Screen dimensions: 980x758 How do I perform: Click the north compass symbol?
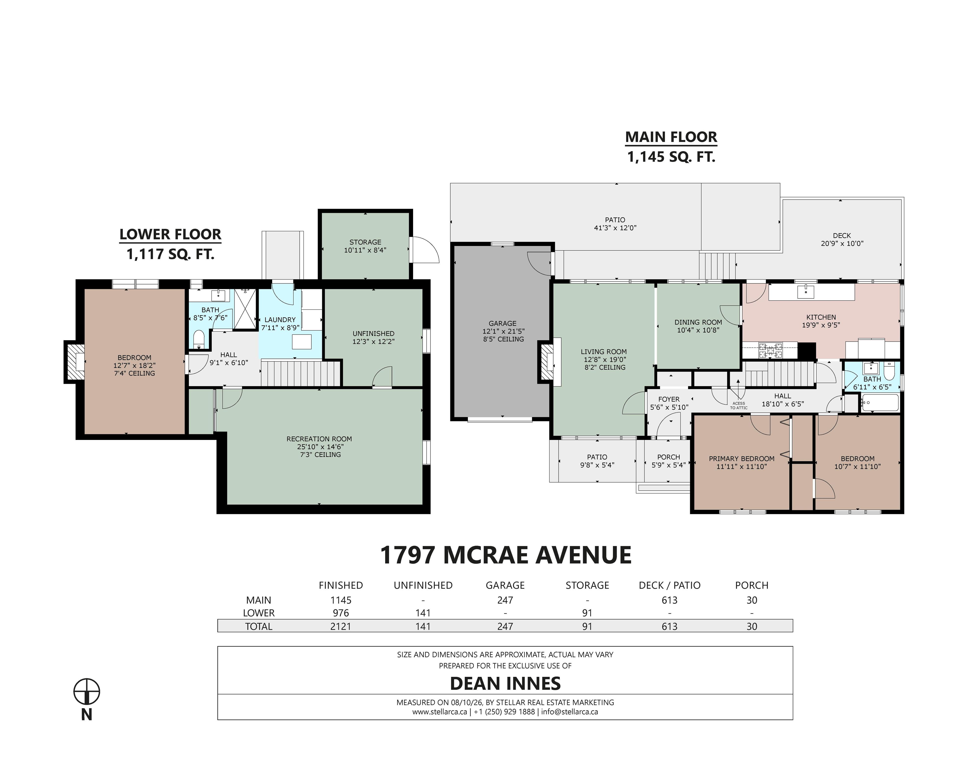click(86, 692)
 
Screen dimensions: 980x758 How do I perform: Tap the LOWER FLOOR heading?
click(171, 234)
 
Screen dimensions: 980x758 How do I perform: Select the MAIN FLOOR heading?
click(671, 137)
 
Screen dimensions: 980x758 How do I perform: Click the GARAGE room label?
click(502, 323)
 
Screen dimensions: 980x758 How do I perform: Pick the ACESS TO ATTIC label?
click(739, 406)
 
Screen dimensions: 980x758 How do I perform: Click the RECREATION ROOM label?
click(319, 439)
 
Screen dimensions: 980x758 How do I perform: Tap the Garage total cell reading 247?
click(505, 626)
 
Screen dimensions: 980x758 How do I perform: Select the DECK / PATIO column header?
click(670, 585)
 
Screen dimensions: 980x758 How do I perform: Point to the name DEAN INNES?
click(505, 683)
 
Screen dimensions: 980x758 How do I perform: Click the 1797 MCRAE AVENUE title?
click(506, 555)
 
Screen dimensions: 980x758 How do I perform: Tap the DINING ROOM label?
click(698, 322)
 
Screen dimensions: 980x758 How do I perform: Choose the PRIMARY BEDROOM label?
click(742, 459)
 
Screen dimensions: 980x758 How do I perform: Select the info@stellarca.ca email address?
click(569, 712)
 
